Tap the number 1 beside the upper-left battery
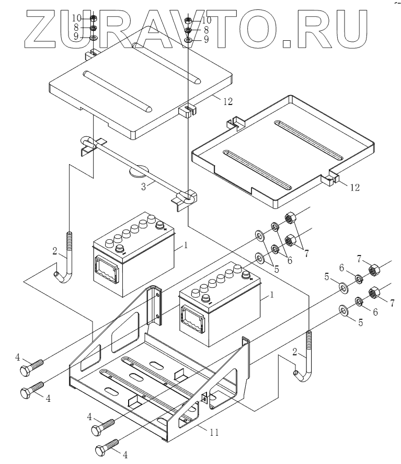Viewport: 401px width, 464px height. coord(184,245)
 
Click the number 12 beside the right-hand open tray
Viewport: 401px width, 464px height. coord(354,187)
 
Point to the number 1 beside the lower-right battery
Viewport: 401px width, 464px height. coord(271,295)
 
